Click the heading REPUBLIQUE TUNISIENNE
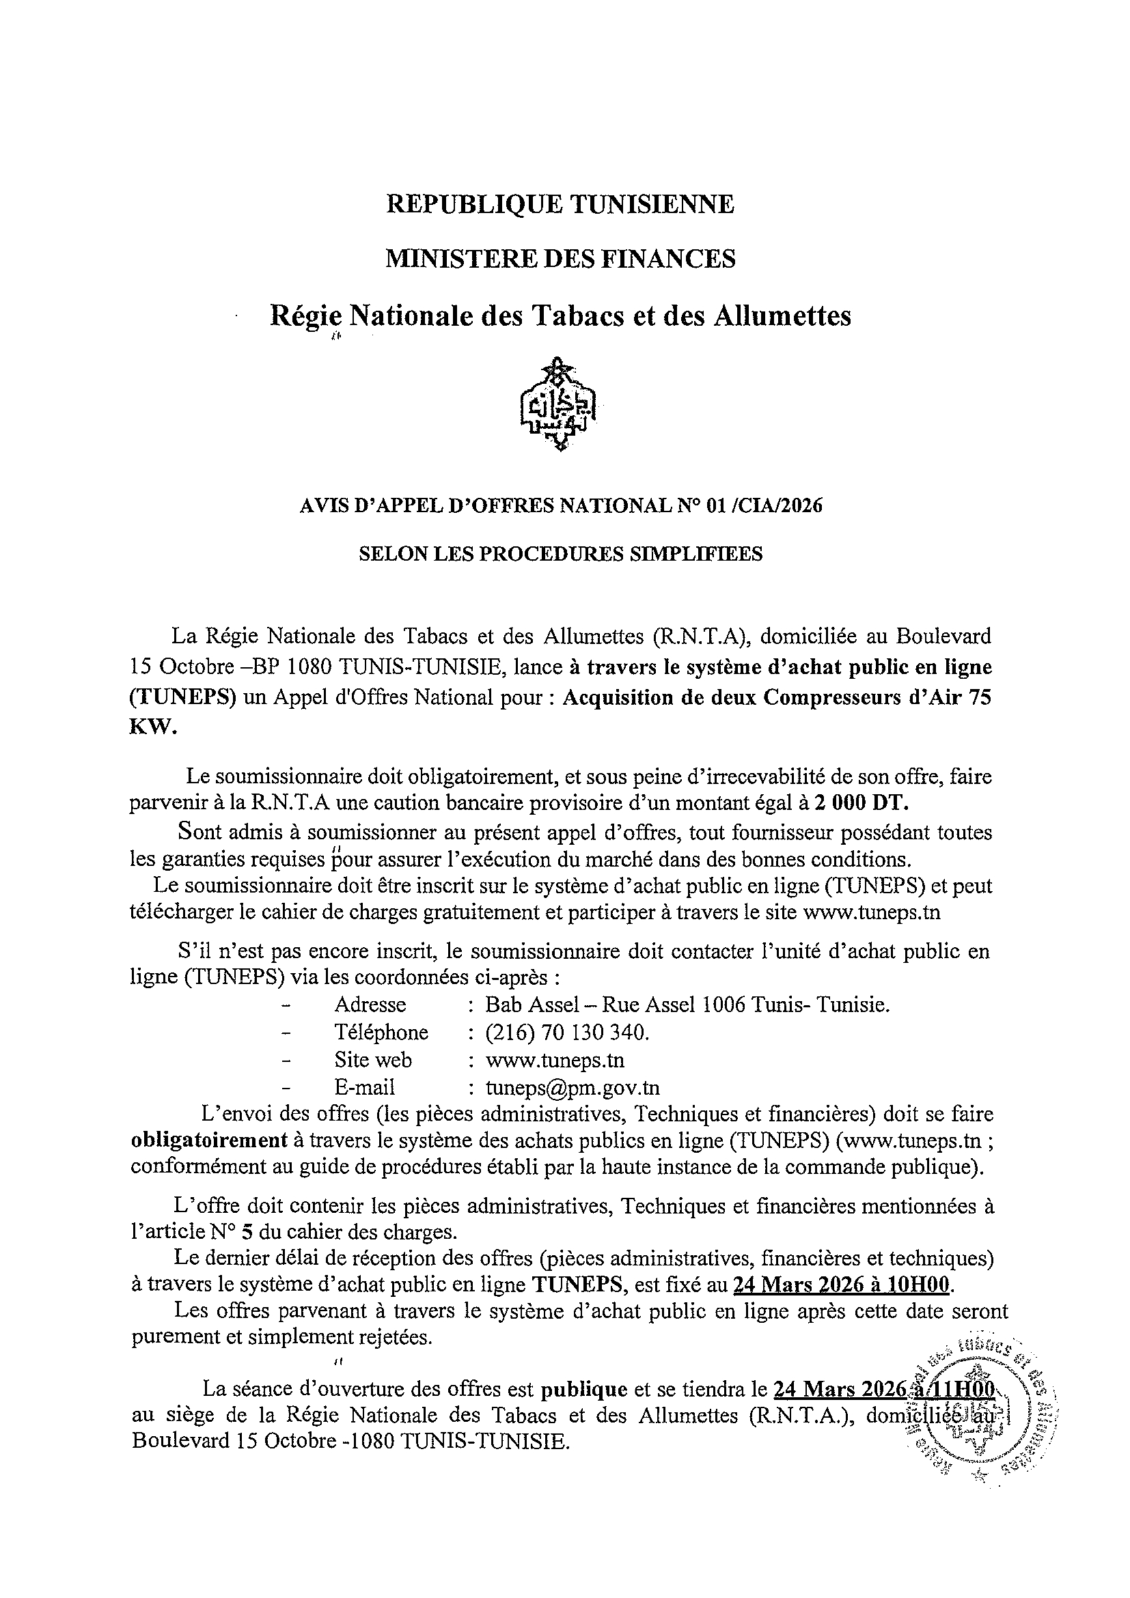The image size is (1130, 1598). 560,205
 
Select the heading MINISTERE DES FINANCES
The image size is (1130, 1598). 560,259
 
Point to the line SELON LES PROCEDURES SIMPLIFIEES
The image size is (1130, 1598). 560,554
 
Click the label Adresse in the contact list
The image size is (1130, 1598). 370,1005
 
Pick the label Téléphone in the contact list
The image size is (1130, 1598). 381,1032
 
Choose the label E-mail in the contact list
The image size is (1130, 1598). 364,1087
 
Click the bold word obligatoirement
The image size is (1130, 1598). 209,1141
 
